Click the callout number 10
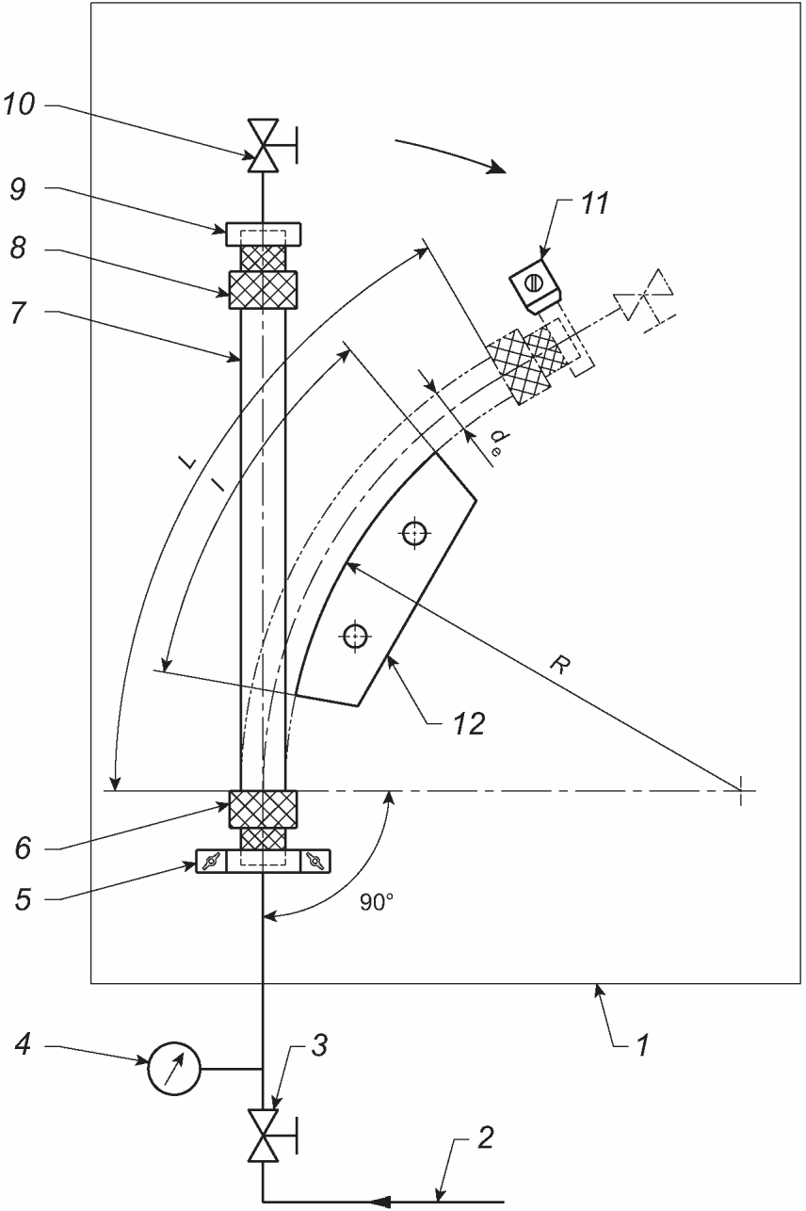tap(19, 104)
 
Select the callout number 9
tap(17, 189)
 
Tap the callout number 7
tap(18, 313)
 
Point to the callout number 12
tap(468, 723)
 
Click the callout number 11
tap(594, 203)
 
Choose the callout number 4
tap(23, 1042)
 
